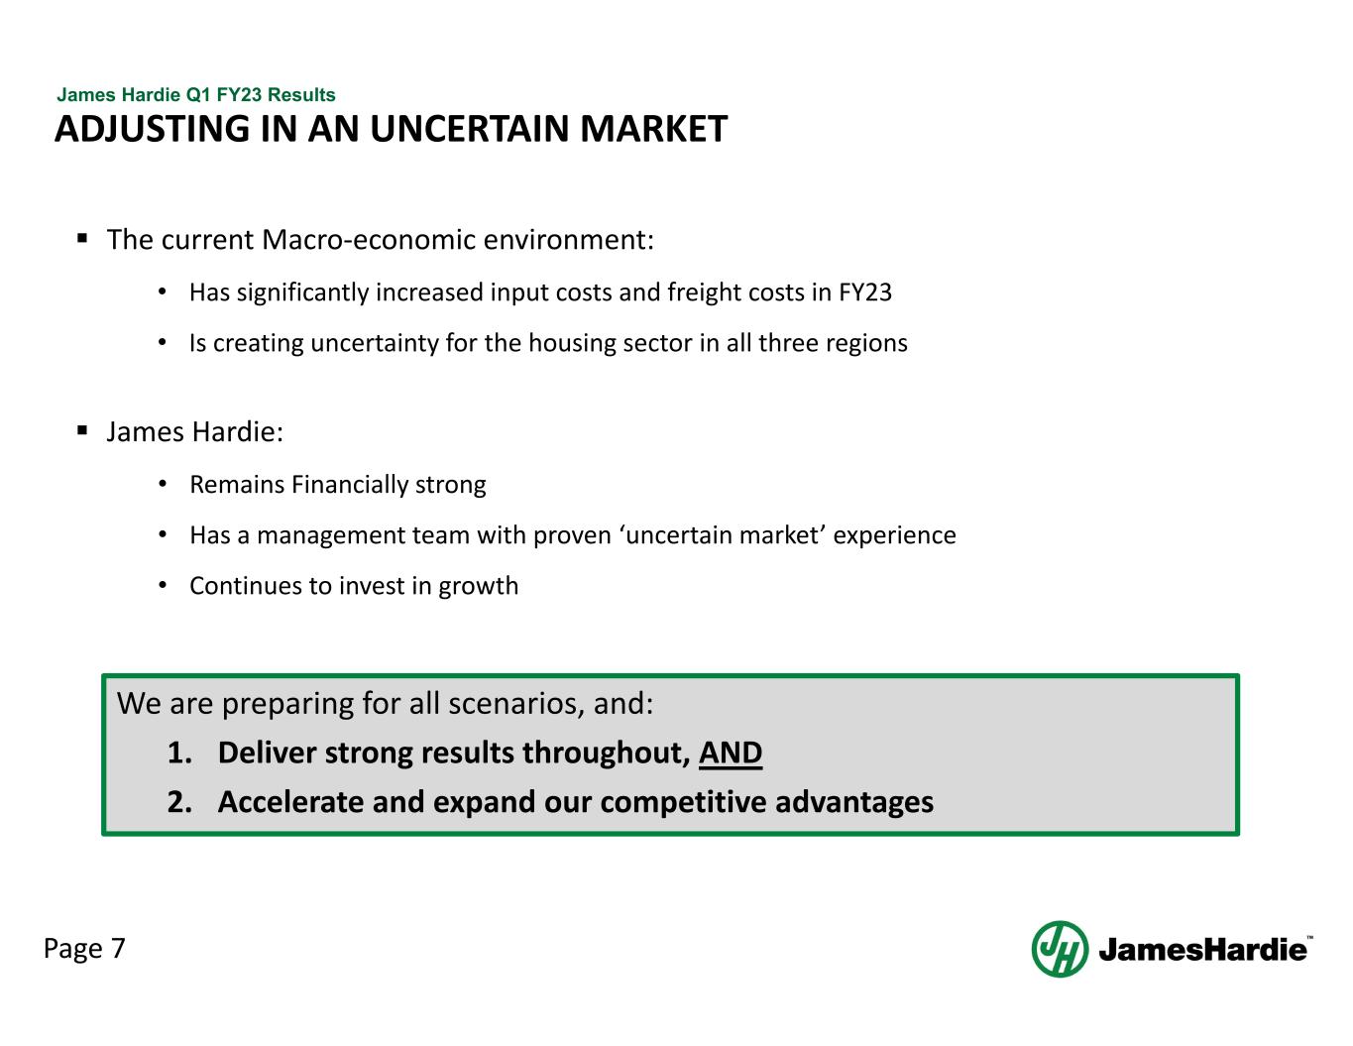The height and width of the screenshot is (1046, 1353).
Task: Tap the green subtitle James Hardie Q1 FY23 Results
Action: [196, 95]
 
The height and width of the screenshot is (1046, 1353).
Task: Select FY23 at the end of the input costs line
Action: [865, 292]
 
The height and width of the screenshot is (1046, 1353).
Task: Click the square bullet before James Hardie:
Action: [83, 431]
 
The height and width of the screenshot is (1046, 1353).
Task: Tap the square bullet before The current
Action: [83, 239]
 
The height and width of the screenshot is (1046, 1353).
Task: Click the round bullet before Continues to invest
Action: [163, 586]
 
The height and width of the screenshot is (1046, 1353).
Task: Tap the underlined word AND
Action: [731, 754]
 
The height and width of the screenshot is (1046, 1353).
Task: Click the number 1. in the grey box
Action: [179, 754]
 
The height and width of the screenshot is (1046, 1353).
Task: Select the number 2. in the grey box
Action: [179, 802]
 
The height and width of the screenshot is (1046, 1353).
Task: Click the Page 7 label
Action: [84, 949]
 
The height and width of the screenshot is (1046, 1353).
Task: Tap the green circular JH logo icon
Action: [1060, 949]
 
